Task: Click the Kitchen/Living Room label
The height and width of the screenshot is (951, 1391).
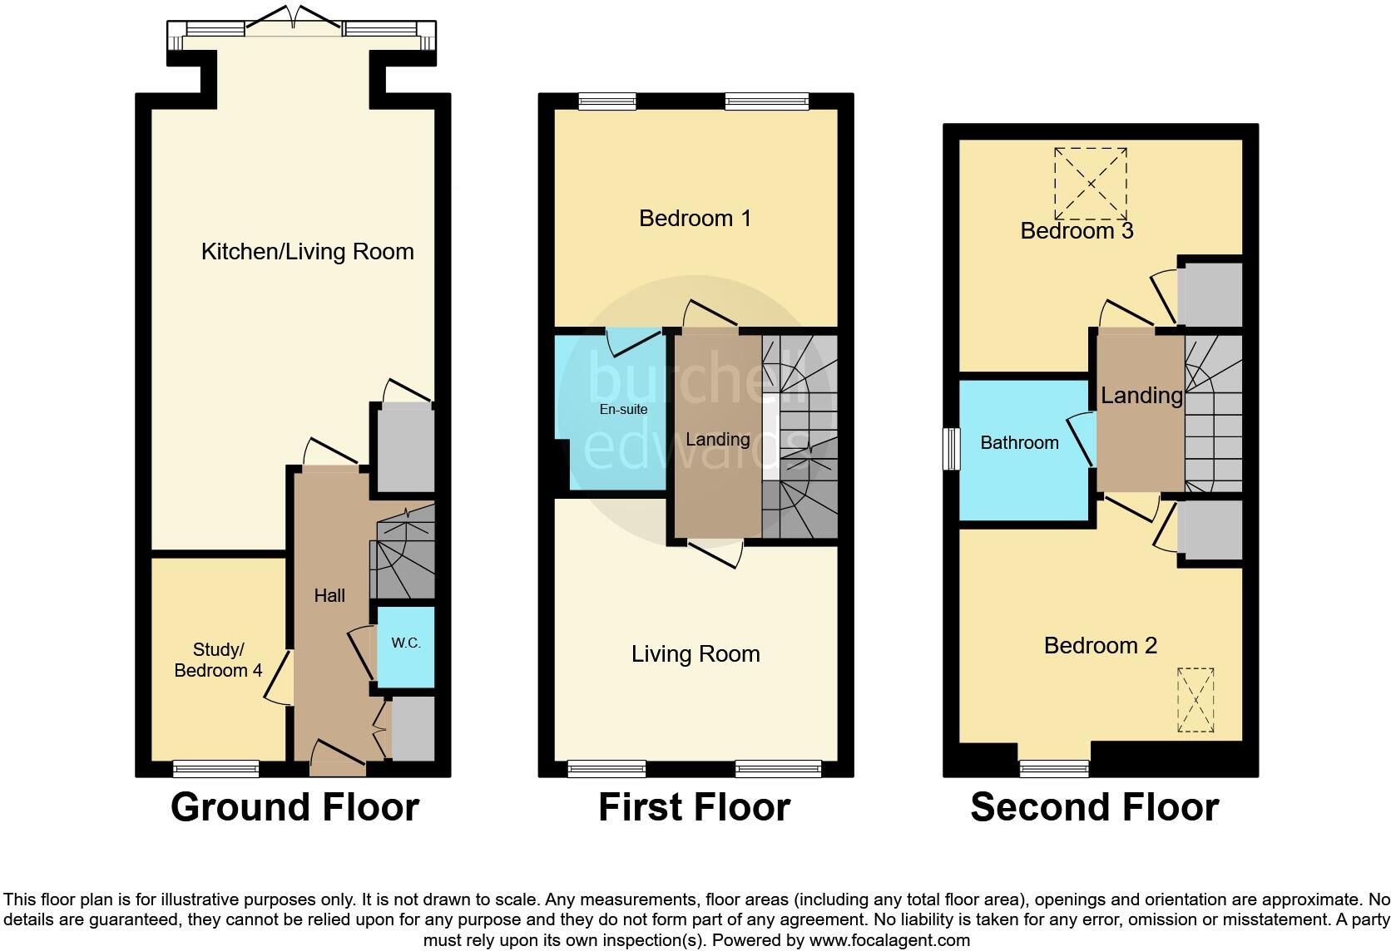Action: [307, 252]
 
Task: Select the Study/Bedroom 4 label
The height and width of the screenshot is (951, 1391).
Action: [218, 660]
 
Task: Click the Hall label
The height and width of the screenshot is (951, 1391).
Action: [329, 595]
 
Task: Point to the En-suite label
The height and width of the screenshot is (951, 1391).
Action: [623, 410]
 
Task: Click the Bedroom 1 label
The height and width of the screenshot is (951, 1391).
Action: [695, 219]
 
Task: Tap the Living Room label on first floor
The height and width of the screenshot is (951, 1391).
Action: [695, 654]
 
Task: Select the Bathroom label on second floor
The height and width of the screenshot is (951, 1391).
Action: [1019, 443]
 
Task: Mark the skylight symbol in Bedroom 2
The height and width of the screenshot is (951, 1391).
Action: [1195, 700]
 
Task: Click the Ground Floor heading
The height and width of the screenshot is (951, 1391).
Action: [295, 807]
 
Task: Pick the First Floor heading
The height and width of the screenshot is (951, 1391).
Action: [694, 807]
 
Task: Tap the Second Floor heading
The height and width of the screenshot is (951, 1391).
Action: [1094, 807]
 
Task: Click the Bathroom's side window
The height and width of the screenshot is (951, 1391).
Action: [951, 449]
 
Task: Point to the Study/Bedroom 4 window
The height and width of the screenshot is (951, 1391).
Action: [215, 768]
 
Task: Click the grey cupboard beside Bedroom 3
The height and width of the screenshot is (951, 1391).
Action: [1210, 295]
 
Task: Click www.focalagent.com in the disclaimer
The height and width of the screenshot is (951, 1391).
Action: [889, 940]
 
